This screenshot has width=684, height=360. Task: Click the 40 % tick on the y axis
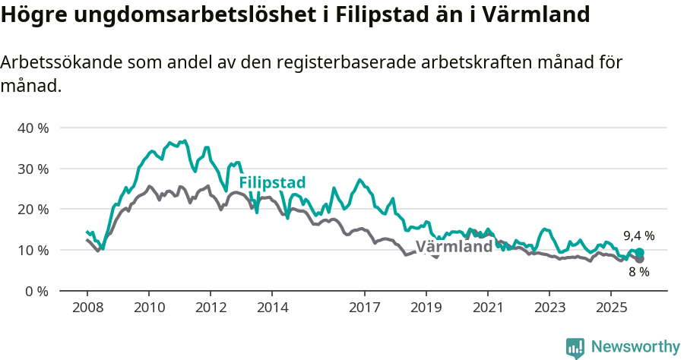(33, 128)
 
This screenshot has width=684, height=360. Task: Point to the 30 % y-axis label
(33, 169)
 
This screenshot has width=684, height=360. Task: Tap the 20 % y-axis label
(33, 209)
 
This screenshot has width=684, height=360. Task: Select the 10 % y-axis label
(33, 250)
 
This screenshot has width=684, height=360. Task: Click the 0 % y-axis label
(36, 291)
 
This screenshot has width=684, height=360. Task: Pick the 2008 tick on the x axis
(87, 308)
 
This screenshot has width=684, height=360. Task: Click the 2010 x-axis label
(148, 308)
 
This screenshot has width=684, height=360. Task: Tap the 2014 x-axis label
(272, 308)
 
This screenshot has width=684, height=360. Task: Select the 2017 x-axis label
(364, 308)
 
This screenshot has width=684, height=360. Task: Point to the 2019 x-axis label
(426, 308)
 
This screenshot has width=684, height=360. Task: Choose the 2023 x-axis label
(549, 308)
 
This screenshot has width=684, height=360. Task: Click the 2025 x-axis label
(611, 308)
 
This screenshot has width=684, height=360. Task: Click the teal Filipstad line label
(272, 183)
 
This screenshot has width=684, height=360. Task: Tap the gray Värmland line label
(454, 248)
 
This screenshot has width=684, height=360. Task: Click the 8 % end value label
(638, 272)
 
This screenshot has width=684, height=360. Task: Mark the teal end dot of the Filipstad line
(639, 252)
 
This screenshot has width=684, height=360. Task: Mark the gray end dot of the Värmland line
(639, 259)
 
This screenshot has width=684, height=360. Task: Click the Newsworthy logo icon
(575, 348)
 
